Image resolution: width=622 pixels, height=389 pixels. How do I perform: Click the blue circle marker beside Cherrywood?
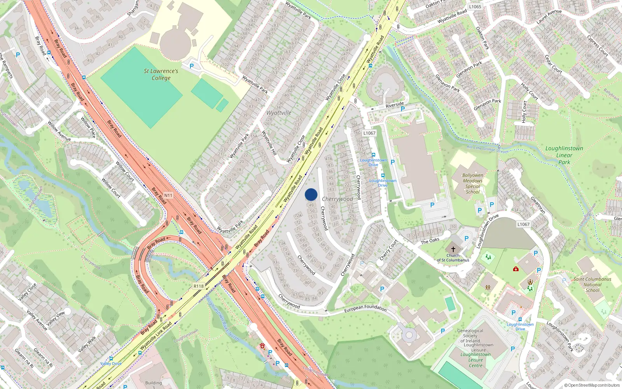coord(311,194)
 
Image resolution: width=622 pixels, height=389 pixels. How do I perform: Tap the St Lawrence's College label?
coord(161,74)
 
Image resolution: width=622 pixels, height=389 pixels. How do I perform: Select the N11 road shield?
coord(168,195)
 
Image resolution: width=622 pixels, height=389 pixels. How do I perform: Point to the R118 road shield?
coord(199,286)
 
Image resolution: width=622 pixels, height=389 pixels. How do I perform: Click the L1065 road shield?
coord(475,7)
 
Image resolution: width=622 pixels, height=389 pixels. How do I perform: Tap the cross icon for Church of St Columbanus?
coord(453,249)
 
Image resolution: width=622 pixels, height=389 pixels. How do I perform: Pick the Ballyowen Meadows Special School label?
coord(473,184)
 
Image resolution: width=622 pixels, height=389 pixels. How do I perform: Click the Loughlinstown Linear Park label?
coord(564,155)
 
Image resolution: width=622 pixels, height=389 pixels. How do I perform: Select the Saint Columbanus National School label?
coord(592,284)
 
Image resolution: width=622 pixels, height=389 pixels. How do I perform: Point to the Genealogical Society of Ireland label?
coord(470,336)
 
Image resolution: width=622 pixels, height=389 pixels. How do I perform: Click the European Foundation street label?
coord(365,308)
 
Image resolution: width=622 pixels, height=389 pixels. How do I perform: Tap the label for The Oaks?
coord(430,242)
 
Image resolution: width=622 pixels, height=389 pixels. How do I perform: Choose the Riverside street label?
coord(395,105)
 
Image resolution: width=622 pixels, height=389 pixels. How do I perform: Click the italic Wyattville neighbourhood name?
coord(279,113)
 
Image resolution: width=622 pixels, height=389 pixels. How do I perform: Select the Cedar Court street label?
coord(554,64)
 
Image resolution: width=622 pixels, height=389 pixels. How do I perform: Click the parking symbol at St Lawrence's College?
coord(191,66)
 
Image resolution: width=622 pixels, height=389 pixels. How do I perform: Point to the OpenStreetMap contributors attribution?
coord(592,385)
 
